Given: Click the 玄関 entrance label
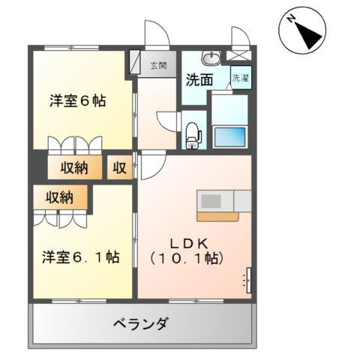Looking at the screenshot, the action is (x=158, y=65).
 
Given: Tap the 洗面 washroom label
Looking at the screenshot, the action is (x=199, y=80).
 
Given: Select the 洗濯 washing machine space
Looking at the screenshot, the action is (x=241, y=77).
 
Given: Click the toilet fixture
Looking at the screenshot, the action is (x=193, y=136).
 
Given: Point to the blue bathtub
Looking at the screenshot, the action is (x=229, y=137).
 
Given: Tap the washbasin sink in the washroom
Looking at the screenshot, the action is (x=211, y=58).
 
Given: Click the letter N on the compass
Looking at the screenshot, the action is (x=291, y=19).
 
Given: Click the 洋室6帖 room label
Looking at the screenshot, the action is (x=78, y=101).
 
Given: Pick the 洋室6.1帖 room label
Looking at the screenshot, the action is (x=80, y=256).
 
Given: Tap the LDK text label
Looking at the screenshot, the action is (x=189, y=244).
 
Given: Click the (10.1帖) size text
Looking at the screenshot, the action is (x=187, y=258).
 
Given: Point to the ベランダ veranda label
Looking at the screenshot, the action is (x=140, y=324).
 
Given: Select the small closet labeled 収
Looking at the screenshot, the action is (x=119, y=167).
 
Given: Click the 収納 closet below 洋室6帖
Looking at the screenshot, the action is (x=75, y=167).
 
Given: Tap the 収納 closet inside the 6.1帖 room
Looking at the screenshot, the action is (x=60, y=197).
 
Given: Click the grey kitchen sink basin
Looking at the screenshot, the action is (x=211, y=201).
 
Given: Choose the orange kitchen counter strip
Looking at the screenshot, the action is (x=217, y=217).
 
